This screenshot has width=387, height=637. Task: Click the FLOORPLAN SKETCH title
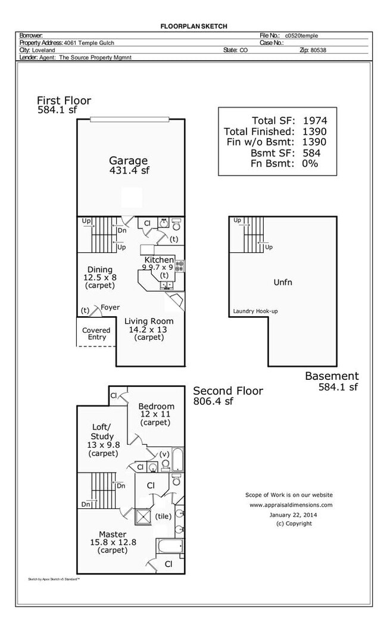pos(193,26)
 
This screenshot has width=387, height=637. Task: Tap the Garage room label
pos(128,161)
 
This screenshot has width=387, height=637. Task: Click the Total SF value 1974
pos(314,120)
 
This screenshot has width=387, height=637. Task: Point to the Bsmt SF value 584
pos(311,152)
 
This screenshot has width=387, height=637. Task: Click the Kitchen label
pos(160,260)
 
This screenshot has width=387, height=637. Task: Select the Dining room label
pos(99,270)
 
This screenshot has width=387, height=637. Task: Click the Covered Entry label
pos(97,333)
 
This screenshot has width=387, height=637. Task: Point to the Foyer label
pos(110,308)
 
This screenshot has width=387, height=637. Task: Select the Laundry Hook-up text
pos(256,311)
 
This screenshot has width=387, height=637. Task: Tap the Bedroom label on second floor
pos(157,407)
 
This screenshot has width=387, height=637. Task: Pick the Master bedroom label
pos(113,534)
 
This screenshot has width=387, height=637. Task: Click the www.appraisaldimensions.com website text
pos(291,505)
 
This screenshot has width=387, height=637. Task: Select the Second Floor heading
pos(227,391)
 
